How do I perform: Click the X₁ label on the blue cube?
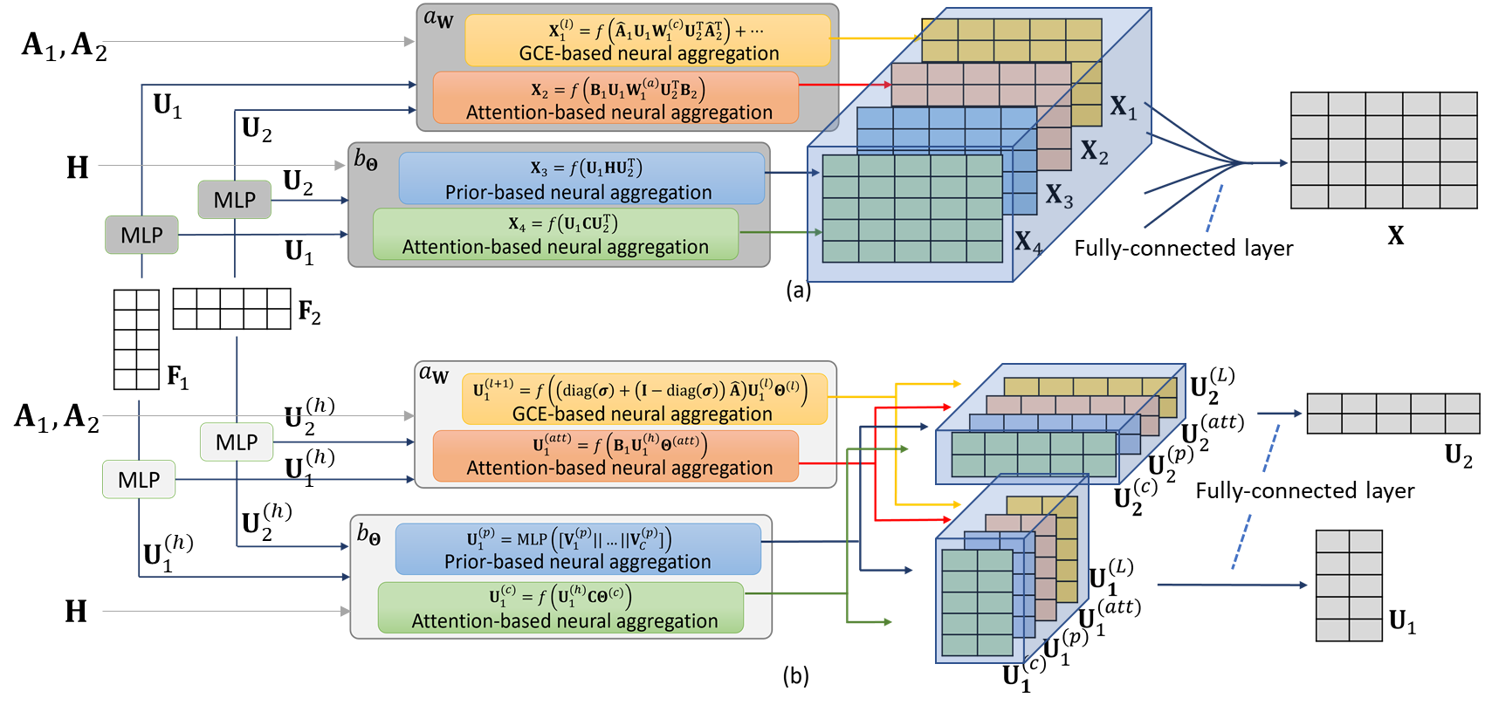(1124, 108)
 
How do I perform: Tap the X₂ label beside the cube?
(1094, 152)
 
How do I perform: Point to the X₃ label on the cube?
(1059, 195)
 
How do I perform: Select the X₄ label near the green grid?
(1028, 242)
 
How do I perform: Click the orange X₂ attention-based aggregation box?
(616, 98)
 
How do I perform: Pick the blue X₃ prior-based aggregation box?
(581, 179)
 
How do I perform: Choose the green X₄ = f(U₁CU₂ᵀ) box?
(555, 234)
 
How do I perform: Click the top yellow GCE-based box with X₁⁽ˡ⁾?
(648, 40)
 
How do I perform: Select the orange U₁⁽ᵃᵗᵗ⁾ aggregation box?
(616, 455)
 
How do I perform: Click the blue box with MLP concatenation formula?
(578, 549)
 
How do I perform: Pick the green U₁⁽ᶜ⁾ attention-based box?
(560, 608)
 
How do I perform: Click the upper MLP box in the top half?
(234, 200)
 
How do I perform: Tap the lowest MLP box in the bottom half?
(139, 480)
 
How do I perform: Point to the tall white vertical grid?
(136, 339)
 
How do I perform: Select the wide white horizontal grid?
(231, 309)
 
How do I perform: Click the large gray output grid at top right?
(1383, 150)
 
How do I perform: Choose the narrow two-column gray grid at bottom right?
(1349, 585)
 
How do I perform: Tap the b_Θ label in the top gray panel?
(366, 160)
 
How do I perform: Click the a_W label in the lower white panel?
(433, 374)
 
